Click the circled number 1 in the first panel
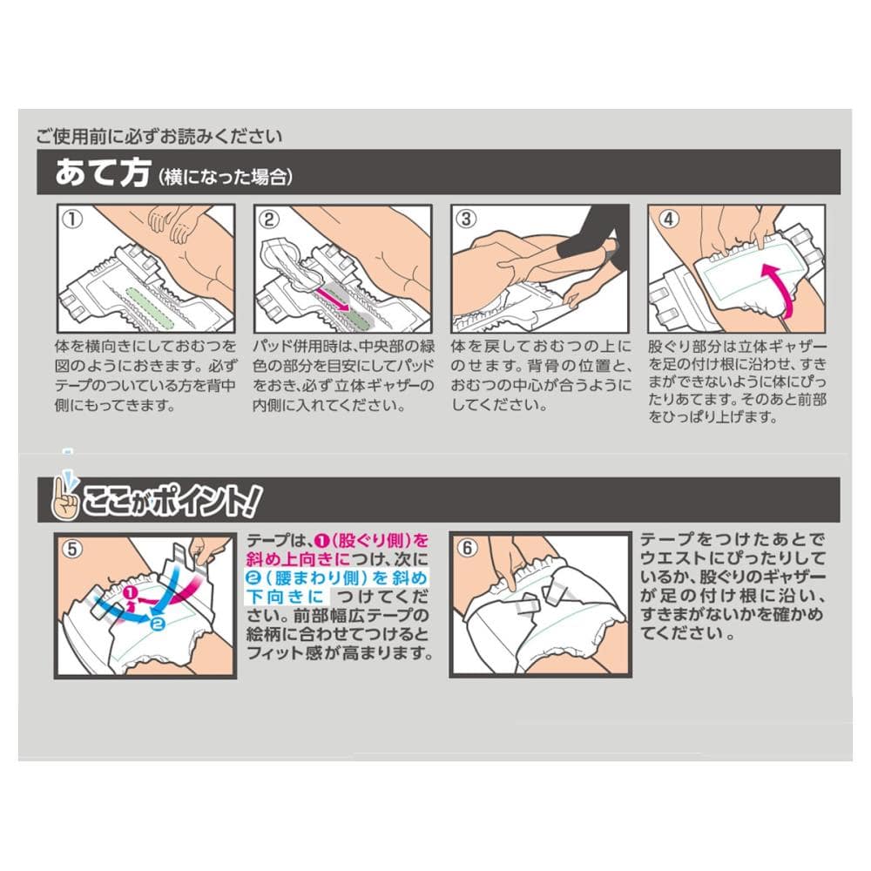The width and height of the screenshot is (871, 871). tap(72, 219)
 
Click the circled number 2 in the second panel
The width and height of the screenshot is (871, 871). tap(269, 219)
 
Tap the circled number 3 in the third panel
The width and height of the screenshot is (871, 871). tap(466, 219)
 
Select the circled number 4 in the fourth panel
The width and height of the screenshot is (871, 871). tap(668, 219)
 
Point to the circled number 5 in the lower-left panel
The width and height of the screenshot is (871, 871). tap(72, 550)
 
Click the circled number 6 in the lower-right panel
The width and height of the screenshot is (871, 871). tap(467, 548)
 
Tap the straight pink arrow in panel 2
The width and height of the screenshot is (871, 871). tap(333, 299)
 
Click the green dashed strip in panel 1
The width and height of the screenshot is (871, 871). tap(150, 308)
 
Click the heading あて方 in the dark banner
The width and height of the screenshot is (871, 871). tap(103, 172)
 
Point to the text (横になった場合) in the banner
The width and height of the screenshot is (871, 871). tap(226, 177)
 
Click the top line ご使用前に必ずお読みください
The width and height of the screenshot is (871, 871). tap(159, 136)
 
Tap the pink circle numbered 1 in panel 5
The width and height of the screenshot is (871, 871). tap(132, 592)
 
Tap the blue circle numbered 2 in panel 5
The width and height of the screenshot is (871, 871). tap(158, 624)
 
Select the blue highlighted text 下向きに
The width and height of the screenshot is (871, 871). tap(286, 597)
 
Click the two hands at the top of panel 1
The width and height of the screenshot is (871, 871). tap(172, 222)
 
